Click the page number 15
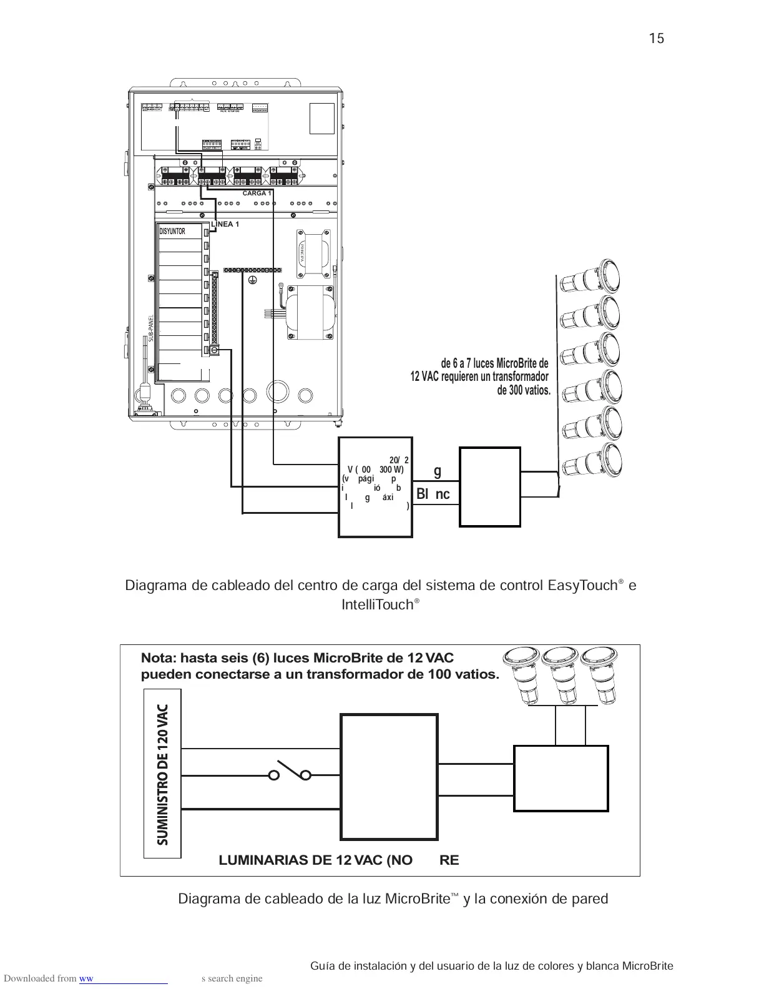(x=656, y=39)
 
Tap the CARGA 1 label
(x=257, y=193)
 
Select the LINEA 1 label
(x=225, y=224)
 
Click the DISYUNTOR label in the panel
(x=172, y=232)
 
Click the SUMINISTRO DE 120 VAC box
(x=162, y=774)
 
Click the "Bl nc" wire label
(x=433, y=494)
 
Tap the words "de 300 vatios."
(x=524, y=391)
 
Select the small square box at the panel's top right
(x=322, y=119)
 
